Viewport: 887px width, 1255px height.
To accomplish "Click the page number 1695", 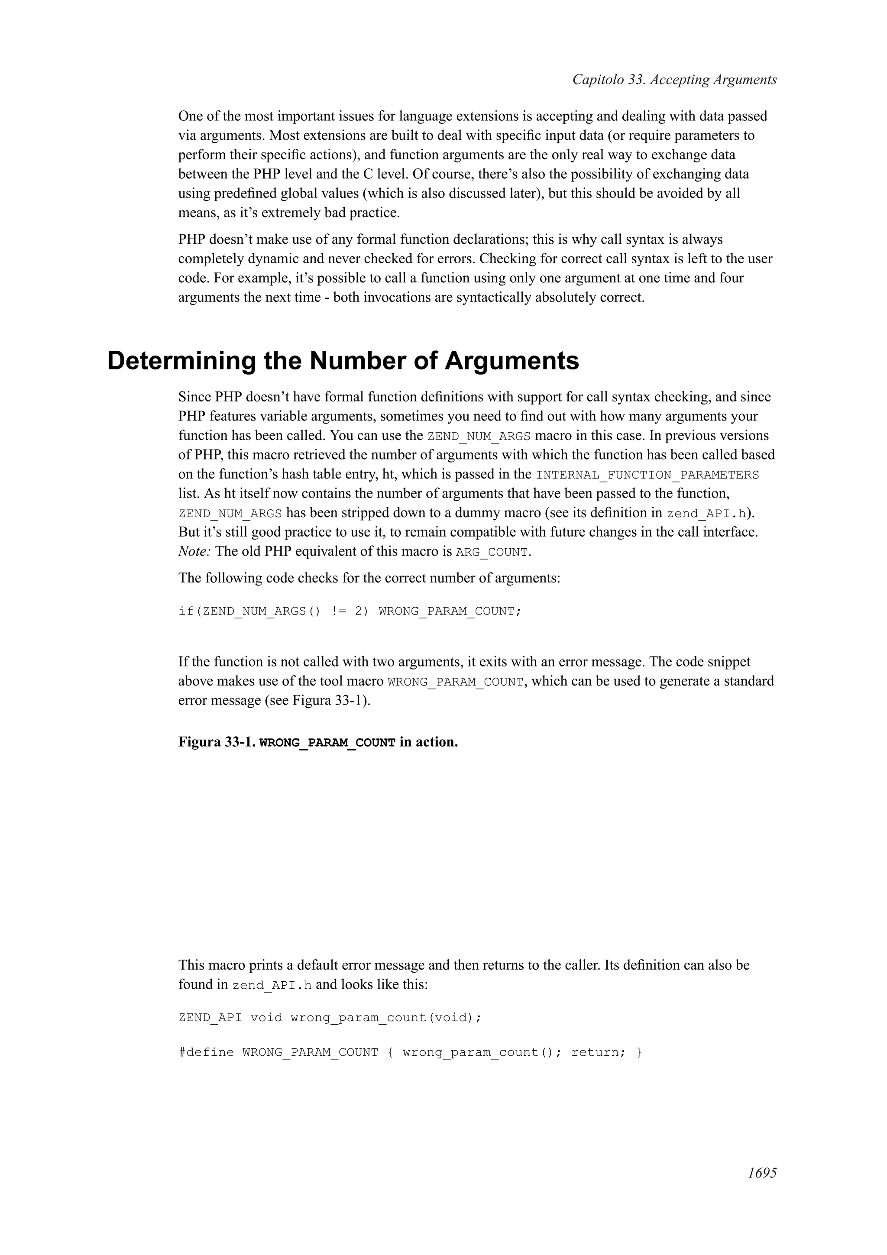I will pyautogui.click(x=762, y=1188).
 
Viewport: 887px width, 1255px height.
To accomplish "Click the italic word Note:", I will pyautogui.click(x=194, y=551).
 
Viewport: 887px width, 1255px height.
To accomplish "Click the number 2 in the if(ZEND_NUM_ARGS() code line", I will pyautogui.click(x=359, y=611).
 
